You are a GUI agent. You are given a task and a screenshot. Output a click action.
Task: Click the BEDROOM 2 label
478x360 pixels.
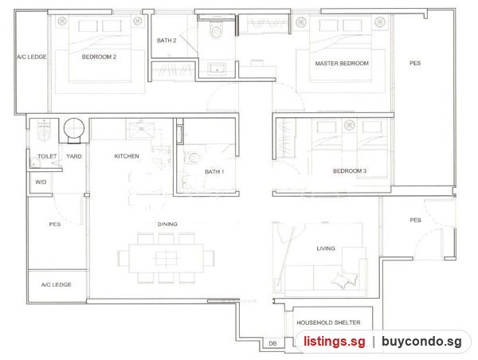click(99, 57)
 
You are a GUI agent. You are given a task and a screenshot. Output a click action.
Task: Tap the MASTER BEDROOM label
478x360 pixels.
click(342, 64)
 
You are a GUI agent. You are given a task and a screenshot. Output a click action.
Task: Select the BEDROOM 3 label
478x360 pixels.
click(350, 171)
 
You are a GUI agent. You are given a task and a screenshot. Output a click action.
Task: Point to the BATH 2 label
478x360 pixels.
click(167, 41)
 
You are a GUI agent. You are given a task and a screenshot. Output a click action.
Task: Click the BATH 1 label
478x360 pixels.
click(214, 171)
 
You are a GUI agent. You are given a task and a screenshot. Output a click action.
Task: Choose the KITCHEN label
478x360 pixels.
click(127, 156)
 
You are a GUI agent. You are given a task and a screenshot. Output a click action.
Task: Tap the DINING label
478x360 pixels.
click(167, 224)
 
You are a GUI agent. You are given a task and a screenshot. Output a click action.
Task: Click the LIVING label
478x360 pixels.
click(326, 248)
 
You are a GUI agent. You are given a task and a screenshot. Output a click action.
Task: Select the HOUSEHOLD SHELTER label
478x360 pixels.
click(328, 323)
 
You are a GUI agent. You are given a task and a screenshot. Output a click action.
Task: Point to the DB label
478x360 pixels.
click(272, 343)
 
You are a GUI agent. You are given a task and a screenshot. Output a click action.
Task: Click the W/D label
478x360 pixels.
click(41, 182)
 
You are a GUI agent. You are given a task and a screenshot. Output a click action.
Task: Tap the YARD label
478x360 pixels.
click(74, 156)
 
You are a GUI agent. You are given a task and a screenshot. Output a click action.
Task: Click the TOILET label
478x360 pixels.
click(47, 156)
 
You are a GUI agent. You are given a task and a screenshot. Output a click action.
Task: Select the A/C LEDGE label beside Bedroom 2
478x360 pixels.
click(32, 57)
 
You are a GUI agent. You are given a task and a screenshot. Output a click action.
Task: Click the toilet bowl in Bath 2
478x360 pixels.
click(216, 31)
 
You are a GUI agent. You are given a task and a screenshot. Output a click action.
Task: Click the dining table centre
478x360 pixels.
click(167, 259)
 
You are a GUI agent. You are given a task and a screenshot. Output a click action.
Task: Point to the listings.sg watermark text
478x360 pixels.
click(334, 342)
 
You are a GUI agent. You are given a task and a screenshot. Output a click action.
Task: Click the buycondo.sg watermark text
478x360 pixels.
click(421, 342)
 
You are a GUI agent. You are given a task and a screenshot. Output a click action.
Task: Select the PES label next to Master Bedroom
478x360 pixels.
click(415, 63)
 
